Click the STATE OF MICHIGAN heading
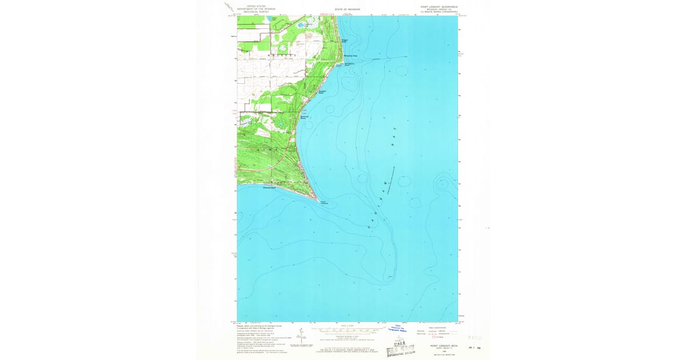(348, 9)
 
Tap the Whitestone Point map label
(350, 55)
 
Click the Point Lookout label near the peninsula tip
(324, 202)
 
